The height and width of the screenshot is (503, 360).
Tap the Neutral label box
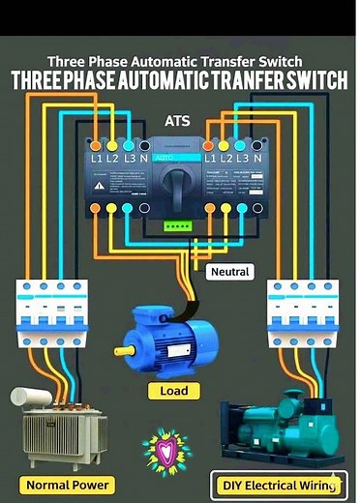[x=229, y=272]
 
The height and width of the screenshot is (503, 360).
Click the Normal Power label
[x=69, y=484]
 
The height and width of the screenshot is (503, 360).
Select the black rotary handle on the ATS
[x=180, y=178]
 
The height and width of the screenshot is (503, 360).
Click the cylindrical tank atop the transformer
[x=32, y=397]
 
